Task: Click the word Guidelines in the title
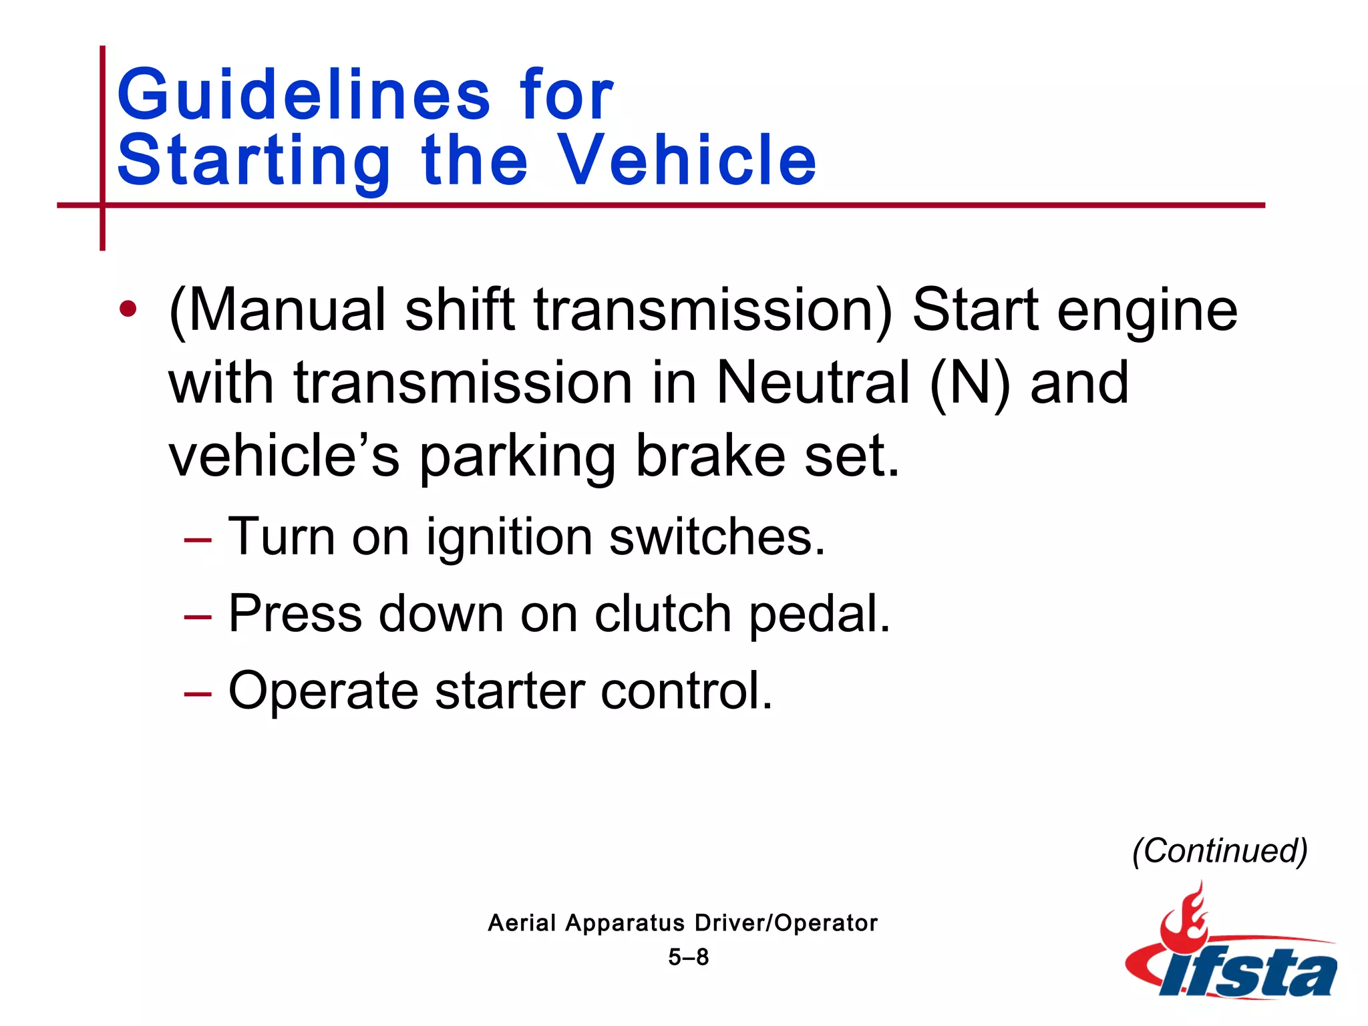point(304,95)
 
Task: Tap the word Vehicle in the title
point(686,160)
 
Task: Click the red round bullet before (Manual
point(128,309)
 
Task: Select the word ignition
point(509,537)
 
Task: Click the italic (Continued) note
point(1220,851)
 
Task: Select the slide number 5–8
point(688,957)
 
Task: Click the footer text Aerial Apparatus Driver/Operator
point(682,923)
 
